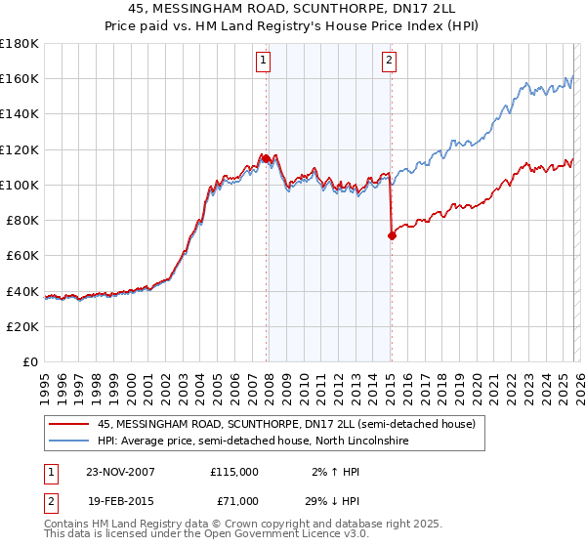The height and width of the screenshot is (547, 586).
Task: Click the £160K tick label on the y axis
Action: coord(20,78)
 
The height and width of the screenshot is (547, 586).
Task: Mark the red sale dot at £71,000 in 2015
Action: coord(391,235)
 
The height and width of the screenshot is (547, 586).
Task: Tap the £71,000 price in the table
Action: coord(234,501)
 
